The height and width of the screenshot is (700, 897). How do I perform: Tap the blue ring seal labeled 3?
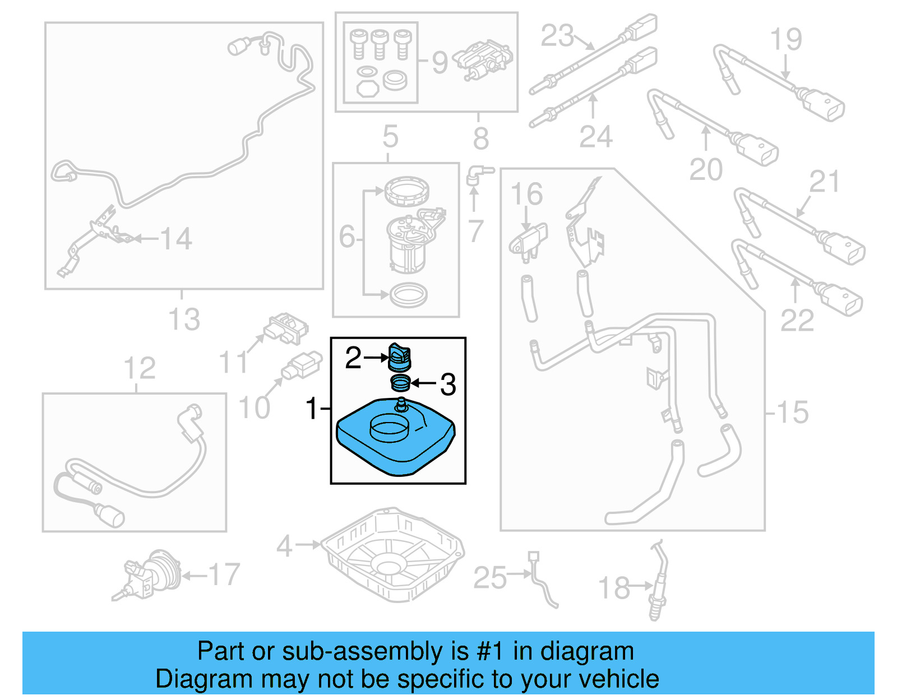click(x=400, y=384)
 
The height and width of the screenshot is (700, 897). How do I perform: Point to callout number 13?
click(x=184, y=319)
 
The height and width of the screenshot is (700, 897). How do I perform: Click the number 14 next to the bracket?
click(x=176, y=239)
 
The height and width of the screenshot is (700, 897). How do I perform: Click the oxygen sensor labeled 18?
click(x=658, y=583)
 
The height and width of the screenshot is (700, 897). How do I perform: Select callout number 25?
click(x=489, y=578)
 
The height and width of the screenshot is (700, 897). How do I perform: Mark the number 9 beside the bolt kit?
click(x=440, y=62)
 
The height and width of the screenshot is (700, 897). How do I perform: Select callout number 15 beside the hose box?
click(x=793, y=412)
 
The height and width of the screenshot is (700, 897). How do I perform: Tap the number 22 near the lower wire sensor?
click(x=797, y=321)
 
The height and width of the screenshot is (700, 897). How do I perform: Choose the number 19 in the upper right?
click(x=785, y=39)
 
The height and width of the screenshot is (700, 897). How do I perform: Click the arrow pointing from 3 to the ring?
click(x=424, y=384)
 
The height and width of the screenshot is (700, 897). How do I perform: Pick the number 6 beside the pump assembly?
click(x=347, y=237)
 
